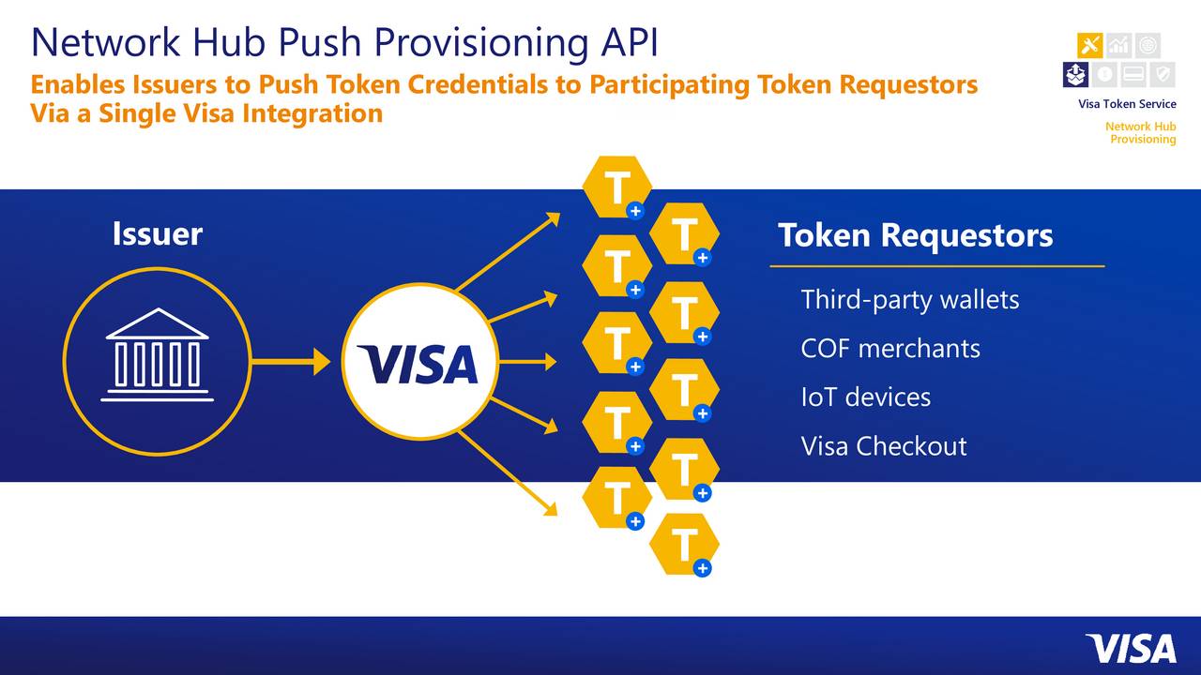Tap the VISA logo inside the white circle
[x=418, y=364]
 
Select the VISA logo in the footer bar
[x=1130, y=649]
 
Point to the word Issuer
[x=157, y=233]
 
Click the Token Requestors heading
[x=915, y=235]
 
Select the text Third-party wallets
[x=909, y=300]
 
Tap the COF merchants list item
[x=889, y=349]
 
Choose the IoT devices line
[x=865, y=397]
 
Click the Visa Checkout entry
[x=883, y=446]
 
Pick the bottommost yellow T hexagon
[x=684, y=544]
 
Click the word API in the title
[x=627, y=42]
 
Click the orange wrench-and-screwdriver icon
[x=1090, y=45]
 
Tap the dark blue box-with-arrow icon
[x=1075, y=74]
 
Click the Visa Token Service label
[x=1127, y=104]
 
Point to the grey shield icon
[x=1162, y=74]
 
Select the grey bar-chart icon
[x=1118, y=45]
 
